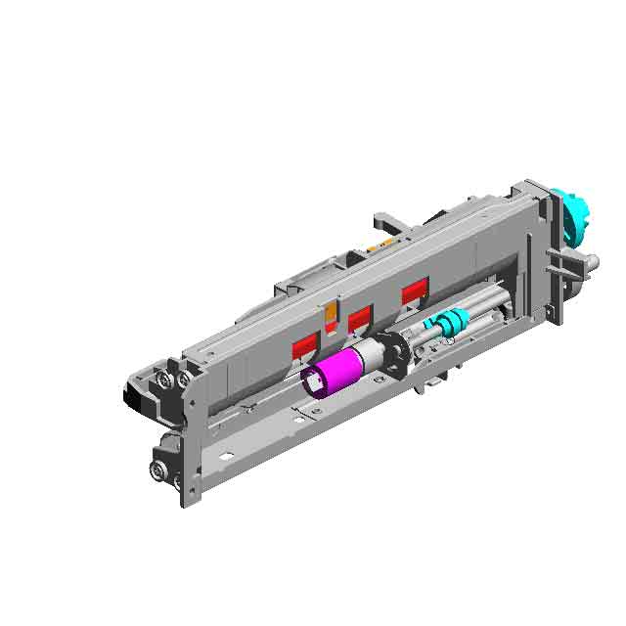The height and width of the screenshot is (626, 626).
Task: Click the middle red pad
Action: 360,318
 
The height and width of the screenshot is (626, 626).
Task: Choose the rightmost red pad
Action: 415,291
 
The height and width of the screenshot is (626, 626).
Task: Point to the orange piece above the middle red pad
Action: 332,312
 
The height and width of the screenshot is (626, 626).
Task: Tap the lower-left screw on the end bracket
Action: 157,470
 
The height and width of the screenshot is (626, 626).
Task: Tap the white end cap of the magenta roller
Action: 314,380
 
